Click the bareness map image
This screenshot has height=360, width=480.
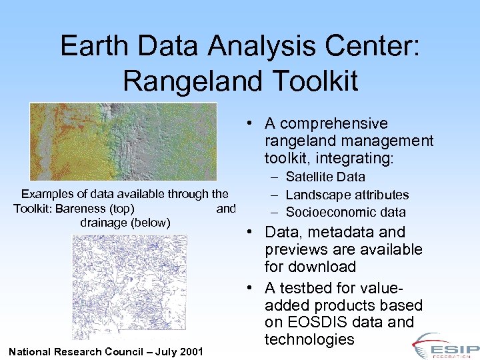point(123,141)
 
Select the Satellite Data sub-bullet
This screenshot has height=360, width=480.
point(325,177)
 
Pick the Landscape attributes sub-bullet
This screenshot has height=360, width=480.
point(347,195)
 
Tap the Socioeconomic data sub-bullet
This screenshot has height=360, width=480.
point(345,212)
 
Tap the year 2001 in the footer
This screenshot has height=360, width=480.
point(191,351)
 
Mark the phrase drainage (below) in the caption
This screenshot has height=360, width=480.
point(125,222)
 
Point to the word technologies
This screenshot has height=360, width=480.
point(309,339)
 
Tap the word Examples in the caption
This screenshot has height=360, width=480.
point(45,194)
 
